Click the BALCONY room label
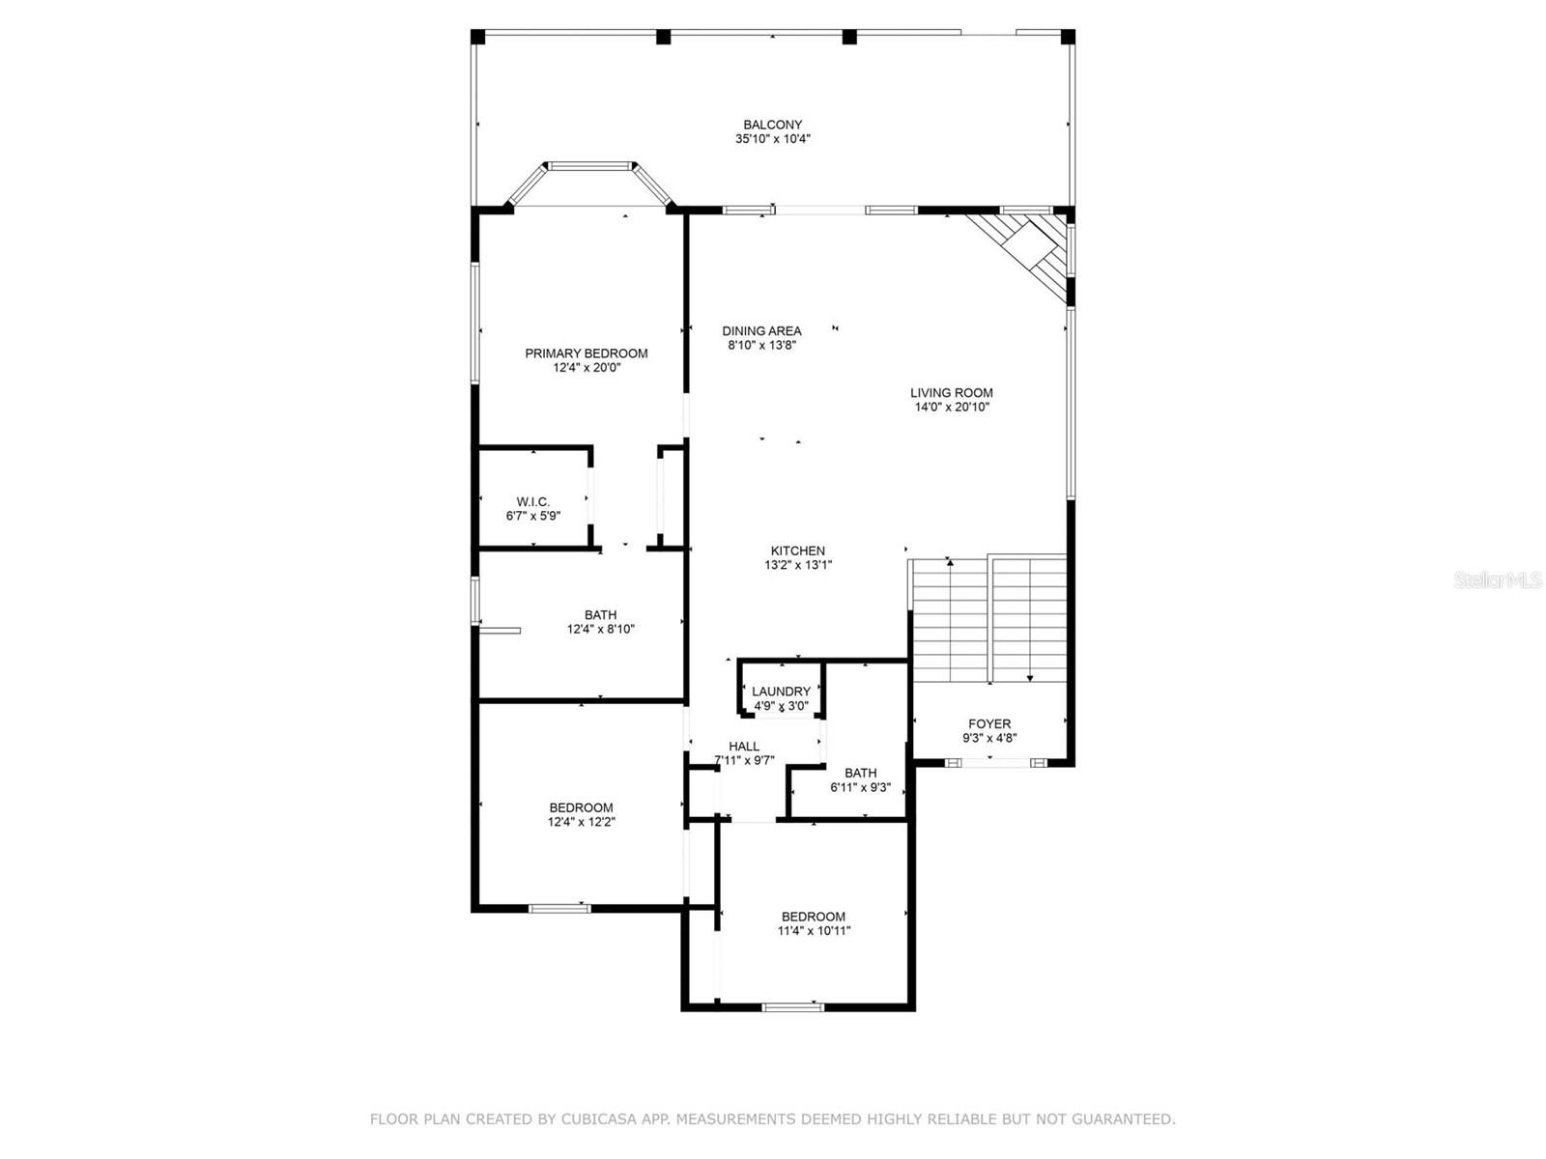click(x=772, y=125)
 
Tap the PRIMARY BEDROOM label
click(x=586, y=353)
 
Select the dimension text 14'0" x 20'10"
click(x=952, y=408)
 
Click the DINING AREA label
click(x=761, y=331)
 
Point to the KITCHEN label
click(x=797, y=551)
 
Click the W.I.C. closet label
click(x=532, y=502)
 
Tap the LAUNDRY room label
click(x=781, y=692)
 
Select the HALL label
click(x=744, y=746)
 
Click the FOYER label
click(x=989, y=723)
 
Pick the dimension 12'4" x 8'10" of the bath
click(x=600, y=630)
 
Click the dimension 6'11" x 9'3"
click(x=860, y=787)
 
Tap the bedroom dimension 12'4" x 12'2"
click(x=581, y=823)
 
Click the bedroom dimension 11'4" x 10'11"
click(x=814, y=931)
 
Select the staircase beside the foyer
click(x=988, y=618)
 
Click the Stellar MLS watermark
click(x=1497, y=580)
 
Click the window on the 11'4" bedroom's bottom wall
click(x=793, y=1007)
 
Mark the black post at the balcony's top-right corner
click(x=1068, y=38)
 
